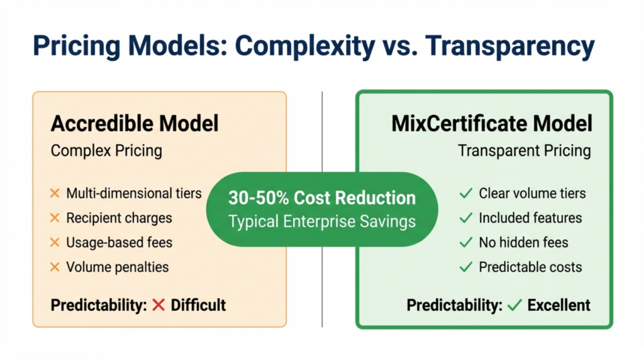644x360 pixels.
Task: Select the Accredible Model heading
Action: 134,123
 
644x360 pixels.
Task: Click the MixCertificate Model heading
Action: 492,123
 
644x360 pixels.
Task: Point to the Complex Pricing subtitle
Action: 106,151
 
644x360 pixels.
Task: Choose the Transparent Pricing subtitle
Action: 525,151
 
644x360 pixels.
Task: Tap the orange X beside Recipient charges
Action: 55,218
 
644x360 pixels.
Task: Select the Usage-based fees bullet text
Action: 119,242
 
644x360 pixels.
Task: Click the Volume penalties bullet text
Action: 117,267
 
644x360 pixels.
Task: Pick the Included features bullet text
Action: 530,218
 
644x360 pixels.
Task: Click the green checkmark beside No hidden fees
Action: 465,242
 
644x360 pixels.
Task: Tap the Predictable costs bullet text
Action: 530,267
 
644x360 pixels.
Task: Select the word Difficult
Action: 198,306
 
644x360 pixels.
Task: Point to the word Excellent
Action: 558,306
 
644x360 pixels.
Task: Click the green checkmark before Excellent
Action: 514,306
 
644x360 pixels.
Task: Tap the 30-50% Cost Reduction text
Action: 322,198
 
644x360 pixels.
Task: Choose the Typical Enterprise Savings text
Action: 322,222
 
